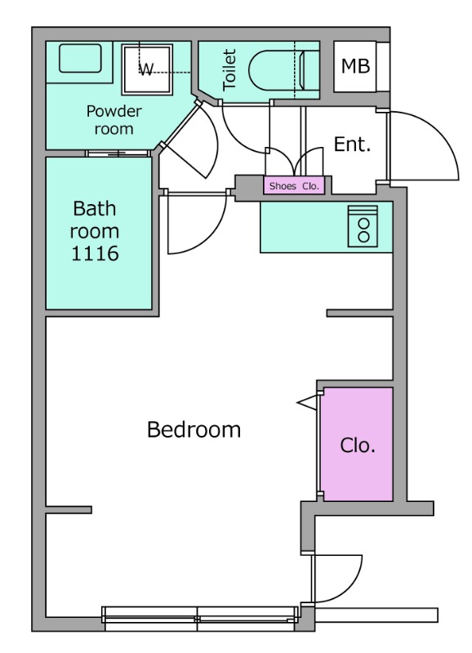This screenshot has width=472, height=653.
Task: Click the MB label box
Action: pos(355,67)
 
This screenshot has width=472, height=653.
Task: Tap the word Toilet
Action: pos(229,69)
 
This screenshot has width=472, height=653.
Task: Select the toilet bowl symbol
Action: pos(277,70)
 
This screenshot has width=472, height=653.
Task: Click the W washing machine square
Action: pos(147,69)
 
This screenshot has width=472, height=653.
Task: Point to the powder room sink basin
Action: pos(80,58)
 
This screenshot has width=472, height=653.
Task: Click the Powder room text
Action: pos(114,120)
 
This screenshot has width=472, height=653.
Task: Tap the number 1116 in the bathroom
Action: pos(95,253)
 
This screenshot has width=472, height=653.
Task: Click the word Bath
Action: pos(95,208)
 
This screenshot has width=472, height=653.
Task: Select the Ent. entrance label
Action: pos(353,144)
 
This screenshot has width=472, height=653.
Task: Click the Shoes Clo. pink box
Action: pos(294,186)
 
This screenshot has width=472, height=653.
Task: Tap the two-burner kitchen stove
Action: pos(363,226)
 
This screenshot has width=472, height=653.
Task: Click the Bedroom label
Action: pos(194,429)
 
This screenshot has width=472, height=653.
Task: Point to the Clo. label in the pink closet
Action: pos(358,445)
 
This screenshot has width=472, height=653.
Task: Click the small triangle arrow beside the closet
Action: pos(307,402)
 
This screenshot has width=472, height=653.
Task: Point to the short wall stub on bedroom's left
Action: pos(69,509)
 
